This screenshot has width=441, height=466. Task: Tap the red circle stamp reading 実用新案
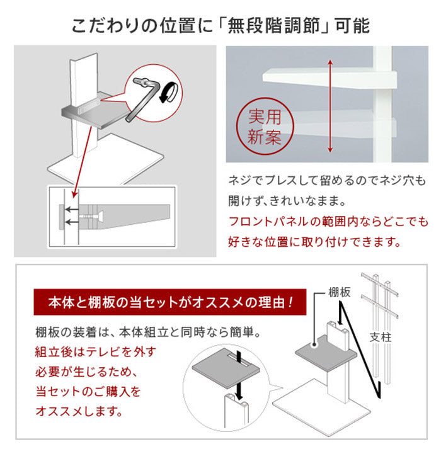coord(264,128)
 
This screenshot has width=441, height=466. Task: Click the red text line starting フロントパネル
coord(327,222)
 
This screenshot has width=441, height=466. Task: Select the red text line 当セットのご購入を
coord(88,391)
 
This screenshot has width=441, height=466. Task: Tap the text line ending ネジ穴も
coord(327,181)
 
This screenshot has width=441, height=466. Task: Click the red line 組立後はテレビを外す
coord(95,351)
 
